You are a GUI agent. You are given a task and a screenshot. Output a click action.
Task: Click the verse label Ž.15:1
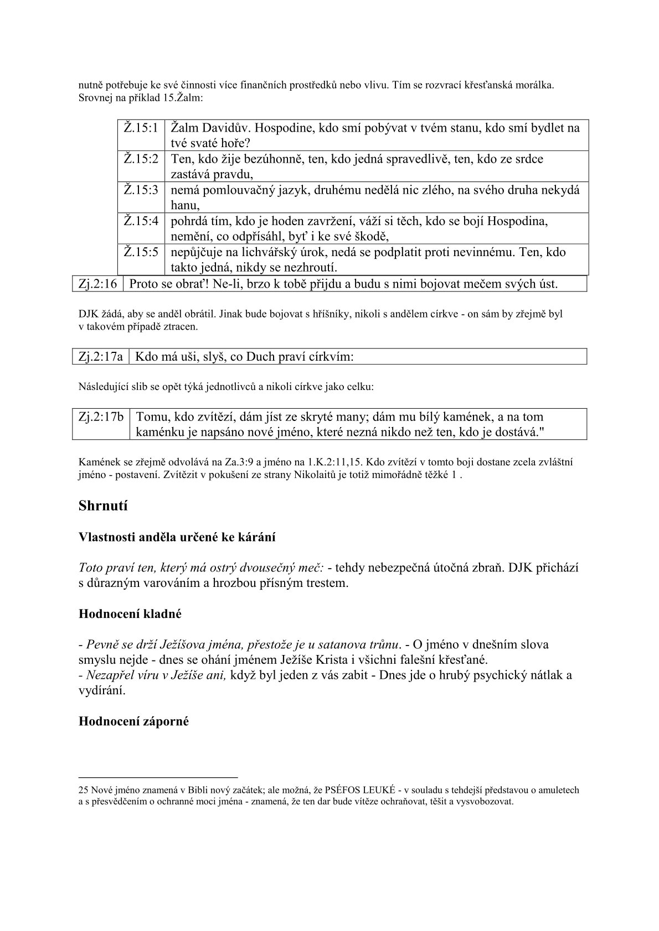141,128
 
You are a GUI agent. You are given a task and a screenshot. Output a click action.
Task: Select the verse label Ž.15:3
141,190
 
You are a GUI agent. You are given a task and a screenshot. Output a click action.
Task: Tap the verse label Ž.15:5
141,252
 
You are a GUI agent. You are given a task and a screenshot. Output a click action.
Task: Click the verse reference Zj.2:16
96,284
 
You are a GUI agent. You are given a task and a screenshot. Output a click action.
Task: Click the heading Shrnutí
103,506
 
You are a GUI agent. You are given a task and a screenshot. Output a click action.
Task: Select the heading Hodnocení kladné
130,613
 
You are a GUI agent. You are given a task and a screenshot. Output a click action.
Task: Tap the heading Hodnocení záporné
133,721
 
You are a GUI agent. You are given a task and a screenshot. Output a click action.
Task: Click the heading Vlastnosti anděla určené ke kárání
177,537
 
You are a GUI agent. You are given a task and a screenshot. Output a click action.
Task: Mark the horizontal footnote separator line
158,777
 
